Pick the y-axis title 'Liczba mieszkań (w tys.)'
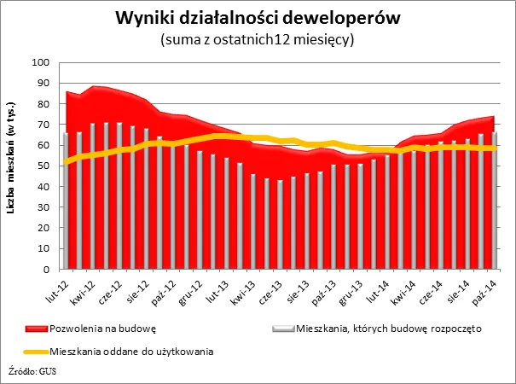pyautogui.click(x=14, y=166)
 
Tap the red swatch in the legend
pyautogui.click(x=38, y=329)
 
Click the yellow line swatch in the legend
pyautogui.click(x=38, y=350)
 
